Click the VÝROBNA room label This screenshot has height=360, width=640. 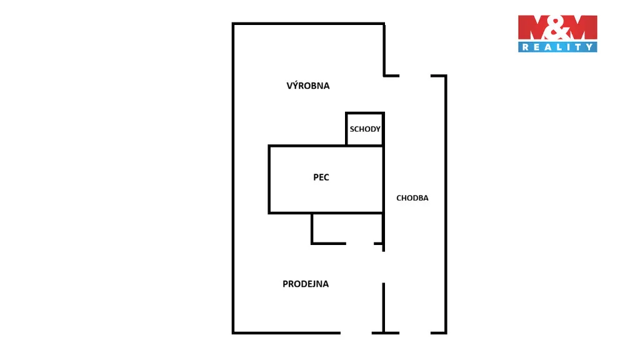pyautogui.click(x=307, y=85)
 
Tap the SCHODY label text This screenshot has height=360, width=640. pyautogui.click(x=365, y=129)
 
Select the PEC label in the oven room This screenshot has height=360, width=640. pyautogui.click(x=321, y=177)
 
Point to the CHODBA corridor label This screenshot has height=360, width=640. pyautogui.click(x=412, y=198)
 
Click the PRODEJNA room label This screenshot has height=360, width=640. pyautogui.click(x=306, y=284)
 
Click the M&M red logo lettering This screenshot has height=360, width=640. pyautogui.click(x=557, y=27)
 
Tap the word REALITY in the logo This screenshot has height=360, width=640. pyautogui.click(x=557, y=47)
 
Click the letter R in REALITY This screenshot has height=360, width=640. pyautogui.click(x=526, y=47)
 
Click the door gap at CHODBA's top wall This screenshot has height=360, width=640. pyautogui.click(x=415, y=76)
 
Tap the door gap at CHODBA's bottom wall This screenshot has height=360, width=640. pyautogui.click(x=415, y=333)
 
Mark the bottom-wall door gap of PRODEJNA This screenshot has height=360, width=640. pyautogui.click(x=356, y=333)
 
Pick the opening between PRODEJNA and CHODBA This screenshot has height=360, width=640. pyautogui.click(x=384, y=267)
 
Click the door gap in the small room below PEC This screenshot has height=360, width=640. pyautogui.click(x=360, y=244)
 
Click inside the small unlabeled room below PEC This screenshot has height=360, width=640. pyautogui.click(x=347, y=228)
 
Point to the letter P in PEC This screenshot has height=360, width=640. pyautogui.click(x=316, y=177)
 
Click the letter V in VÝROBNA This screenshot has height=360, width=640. pyautogui.click(x=289, y=86)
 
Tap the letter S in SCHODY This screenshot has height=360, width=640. pyautogui.click(x=352, y=129)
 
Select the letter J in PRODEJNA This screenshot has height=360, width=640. pyautogui.click(x=315, y=284)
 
